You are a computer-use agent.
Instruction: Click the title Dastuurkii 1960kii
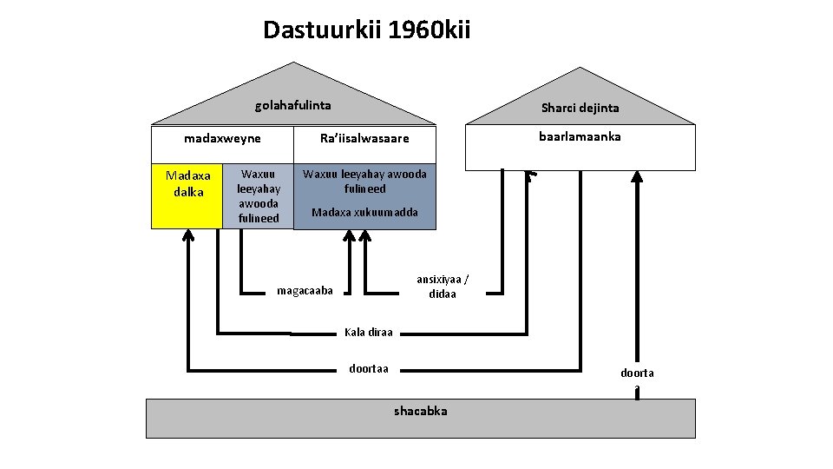coord(366,31)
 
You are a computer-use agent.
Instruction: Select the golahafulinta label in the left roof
coord(292,106)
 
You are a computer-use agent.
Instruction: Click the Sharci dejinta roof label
coord(580,108)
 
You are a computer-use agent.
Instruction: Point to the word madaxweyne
coord(222,138)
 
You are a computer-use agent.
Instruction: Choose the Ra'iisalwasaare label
coord(364,139)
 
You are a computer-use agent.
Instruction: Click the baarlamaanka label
coord(580,136)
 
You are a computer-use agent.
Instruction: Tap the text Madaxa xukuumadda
coord(364,212)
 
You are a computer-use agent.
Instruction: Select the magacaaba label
coord(305,290)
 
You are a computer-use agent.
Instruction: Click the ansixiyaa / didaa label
coord(443,287)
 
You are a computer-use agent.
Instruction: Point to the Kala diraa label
coord(369,332)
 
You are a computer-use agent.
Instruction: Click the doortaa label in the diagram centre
coord(369,368)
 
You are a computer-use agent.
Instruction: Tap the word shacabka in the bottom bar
coord(421,411)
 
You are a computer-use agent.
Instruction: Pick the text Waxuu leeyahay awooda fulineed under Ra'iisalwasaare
coord(364,181)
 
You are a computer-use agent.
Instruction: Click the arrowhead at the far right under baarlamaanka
coord(637,176)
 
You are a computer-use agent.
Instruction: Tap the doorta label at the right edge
coord(637,373)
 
